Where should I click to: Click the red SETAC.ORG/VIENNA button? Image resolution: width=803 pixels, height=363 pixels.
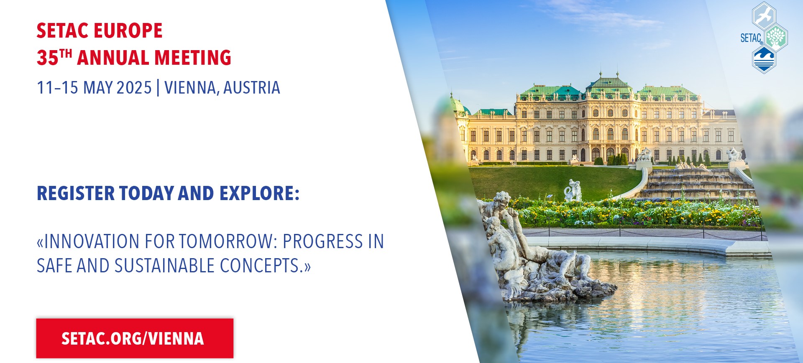tap(135, 338)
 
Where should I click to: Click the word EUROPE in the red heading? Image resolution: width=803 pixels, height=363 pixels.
tap(128, 31)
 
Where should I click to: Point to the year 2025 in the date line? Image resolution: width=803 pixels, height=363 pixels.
tap(134, 88)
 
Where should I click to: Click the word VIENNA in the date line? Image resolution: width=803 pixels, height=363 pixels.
tap(191, 88)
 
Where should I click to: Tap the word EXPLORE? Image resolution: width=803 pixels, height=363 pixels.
tap(260, 193)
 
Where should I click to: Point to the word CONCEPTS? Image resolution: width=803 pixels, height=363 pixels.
tap(261, 266)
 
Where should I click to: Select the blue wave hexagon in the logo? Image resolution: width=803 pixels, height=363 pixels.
tap(764, 59)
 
